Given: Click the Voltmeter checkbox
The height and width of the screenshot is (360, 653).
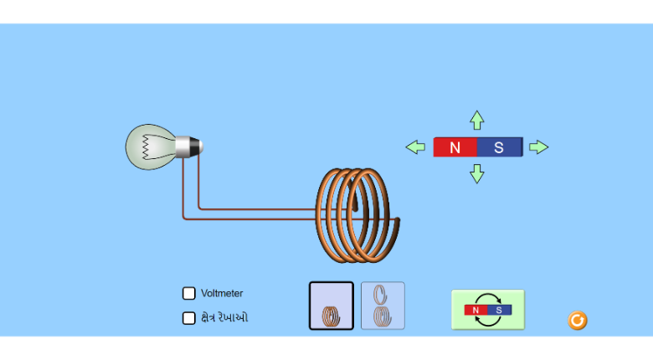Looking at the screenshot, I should coord(189,293).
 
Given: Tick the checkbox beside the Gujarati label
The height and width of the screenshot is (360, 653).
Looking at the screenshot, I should coord(189,318).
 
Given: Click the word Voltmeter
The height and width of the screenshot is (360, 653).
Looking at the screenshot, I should coord(222,294).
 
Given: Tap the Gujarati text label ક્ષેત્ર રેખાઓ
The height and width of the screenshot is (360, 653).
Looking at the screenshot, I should coord(224,318).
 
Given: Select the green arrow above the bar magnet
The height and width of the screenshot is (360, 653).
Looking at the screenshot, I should coord(477,120).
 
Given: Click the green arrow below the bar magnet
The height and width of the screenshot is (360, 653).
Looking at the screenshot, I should coord(477,173).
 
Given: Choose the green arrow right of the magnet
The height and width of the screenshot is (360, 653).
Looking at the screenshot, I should coord(538,147).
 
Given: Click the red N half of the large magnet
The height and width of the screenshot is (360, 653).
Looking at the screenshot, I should coord(455,147).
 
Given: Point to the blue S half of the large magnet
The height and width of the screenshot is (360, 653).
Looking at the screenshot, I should coord(500,147).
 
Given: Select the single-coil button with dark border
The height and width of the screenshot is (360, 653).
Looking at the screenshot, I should coord(332,306).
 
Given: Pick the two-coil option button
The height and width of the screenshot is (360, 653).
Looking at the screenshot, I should coord(383,306).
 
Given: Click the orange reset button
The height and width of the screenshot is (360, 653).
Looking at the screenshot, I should coord(578,321).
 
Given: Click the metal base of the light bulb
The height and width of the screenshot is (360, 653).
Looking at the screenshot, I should coord(188,147).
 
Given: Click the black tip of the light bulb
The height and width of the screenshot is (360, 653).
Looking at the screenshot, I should coord(200,147).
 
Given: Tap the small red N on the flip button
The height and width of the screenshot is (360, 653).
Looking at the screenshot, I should coord(476,310).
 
